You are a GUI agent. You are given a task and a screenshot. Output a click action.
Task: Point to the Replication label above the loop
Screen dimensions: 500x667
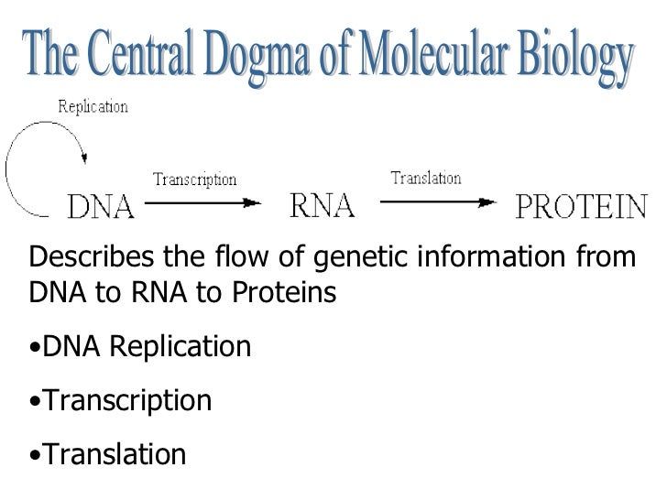coord(93,107)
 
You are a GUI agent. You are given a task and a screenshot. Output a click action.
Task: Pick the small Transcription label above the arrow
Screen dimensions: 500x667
coord(194,180)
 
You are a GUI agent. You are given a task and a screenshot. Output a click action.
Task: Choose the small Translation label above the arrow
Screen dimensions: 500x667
coord(425,178)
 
